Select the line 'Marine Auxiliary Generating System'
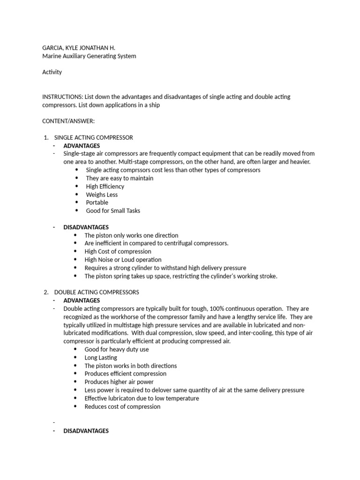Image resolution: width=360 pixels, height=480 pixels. pos(89,56)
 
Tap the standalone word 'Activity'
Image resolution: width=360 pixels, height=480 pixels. pos(52,72)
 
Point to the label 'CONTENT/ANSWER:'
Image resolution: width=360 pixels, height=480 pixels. pos(68,121)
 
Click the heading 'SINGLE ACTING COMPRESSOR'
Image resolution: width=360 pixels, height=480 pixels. pos(94,137)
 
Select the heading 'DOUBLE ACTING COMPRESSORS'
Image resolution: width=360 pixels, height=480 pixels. pos(97,292)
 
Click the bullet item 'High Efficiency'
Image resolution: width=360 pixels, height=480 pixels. pos(105,186)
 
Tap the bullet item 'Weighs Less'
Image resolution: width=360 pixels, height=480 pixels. pos(102,195)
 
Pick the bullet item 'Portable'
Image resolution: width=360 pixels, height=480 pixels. pos(97,202)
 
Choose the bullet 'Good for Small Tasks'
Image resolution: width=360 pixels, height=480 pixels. pos(113,211)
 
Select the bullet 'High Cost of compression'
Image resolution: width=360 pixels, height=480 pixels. pos(118,251)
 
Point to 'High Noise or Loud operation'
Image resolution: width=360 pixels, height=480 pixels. pos(123,260)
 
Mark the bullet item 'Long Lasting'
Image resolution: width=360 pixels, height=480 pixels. pos(101,358)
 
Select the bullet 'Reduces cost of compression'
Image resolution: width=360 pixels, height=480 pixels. pos(122,406)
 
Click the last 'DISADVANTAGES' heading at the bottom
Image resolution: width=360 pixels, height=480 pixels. pos(86,431)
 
